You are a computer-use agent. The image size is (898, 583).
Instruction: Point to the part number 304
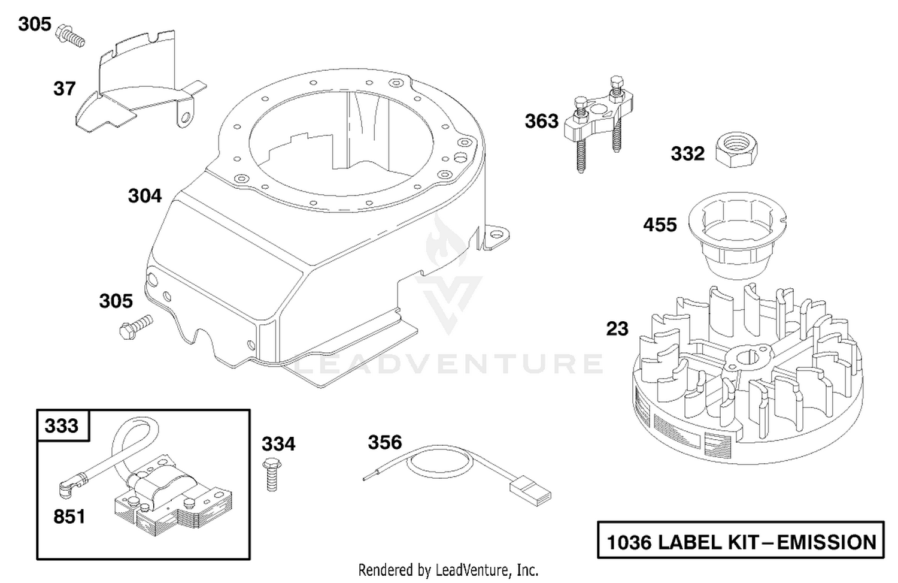coord(145,196)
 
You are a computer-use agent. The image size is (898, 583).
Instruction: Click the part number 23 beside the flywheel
coord(617,328)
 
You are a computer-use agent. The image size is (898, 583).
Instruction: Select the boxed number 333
coord(61,425)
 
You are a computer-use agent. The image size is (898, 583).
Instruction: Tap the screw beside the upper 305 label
coord(71,36)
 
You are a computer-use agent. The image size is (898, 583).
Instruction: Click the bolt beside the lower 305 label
coord(136,327)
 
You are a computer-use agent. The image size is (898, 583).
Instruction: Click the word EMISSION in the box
coord(827,542)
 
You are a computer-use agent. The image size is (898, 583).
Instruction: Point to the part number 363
coord(542,121)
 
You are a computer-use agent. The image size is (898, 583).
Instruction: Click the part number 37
coord(65,89)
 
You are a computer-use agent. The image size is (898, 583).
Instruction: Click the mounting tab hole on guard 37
coord(185,117)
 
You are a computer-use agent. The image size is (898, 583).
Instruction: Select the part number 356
coord(385,442)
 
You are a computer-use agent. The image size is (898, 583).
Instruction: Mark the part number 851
coord(69,517)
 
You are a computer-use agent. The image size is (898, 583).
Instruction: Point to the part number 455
coord(660,225)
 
